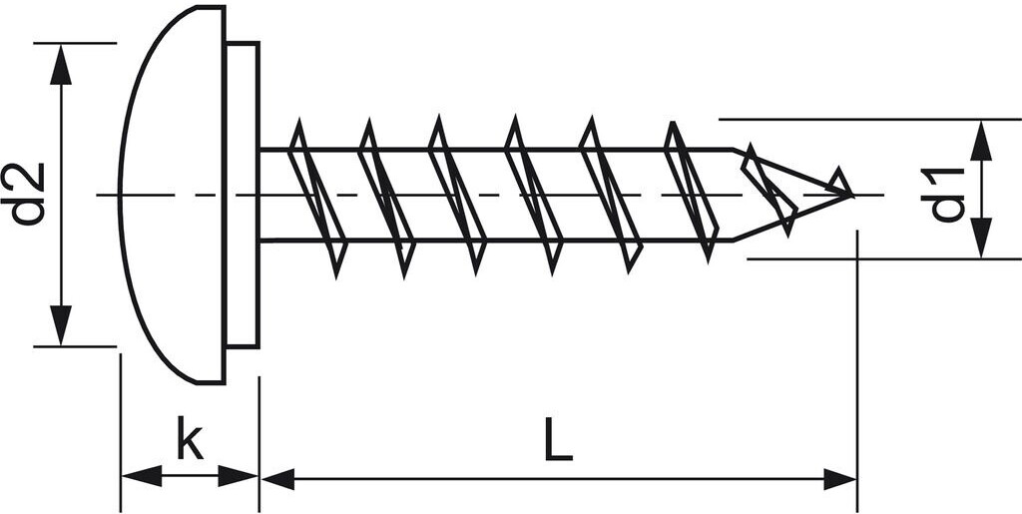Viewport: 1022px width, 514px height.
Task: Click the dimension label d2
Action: pos(31,194)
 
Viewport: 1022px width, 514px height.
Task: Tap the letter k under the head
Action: pos(190,440)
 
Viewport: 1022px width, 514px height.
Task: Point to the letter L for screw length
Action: pos(559,440)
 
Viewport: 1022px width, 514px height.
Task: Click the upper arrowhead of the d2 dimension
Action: pos(62,64)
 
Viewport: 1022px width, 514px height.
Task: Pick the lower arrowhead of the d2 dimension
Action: pos(62,325)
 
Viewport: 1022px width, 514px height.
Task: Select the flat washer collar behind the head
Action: pos(243,195)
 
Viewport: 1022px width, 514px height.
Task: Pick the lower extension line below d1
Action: pos(878,258)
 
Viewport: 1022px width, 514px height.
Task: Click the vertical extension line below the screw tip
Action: pos(857,349)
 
